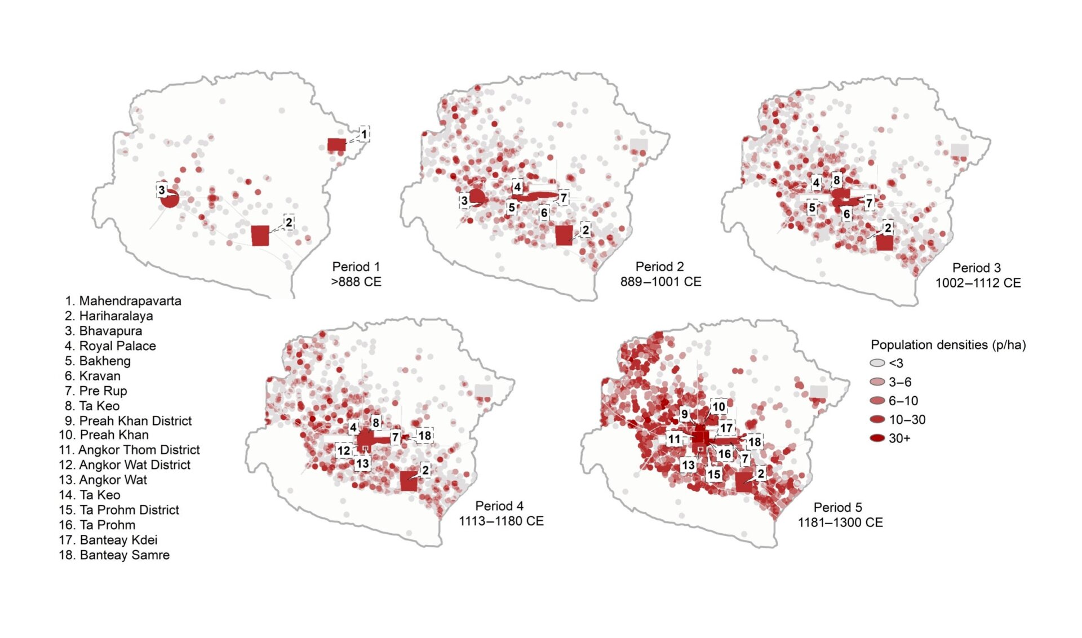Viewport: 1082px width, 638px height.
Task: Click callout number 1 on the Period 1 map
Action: pyautogui.click(x=363, y=134)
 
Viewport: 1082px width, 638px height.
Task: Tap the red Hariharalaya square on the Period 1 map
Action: pyautogui.click(x=260, y=236)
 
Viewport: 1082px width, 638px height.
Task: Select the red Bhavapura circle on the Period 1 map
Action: pyautogui.click(x=170, y=198)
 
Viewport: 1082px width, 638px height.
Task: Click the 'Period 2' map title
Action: pyautogui.click(x=660, y=267)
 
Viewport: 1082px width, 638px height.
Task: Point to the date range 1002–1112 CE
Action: pyautogui.click(x=978, y=283)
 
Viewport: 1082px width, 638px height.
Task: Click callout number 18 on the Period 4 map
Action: pyautogui.click(x=424, y=435)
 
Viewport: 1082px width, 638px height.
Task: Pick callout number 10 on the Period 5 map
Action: pyautogui.click(x=719, y=407)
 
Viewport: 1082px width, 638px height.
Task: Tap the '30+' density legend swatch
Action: pyautogui.click(x=877, y=438)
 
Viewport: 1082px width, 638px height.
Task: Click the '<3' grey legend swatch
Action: pyautogui.click(x=877, y=363)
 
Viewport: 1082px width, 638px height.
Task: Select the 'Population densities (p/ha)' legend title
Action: pyautogui.click(x=948, y=345)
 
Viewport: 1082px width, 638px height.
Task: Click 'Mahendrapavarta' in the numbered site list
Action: pyautogui.click(x=130, y=301)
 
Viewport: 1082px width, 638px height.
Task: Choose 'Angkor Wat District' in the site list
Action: pyautogui.click(x=135, y=465)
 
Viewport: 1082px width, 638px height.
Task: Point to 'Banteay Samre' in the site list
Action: pyautogui.click(x=125, y=555)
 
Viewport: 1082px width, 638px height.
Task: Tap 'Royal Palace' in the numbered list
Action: pyautogui.click(x=117, y=346)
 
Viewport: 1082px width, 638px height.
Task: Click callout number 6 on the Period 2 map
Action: pyautogui.click(x=544, y=213)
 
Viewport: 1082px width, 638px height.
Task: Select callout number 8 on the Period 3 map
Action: pyautogui.click(x=837, y=180)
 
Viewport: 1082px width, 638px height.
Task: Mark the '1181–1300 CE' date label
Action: pyautogui.click(x=840, y=522)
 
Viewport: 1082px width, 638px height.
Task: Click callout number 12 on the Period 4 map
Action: pyautogui.click(x=344, y=451)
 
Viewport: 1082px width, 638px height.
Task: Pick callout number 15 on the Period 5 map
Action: pyautogui.click(x=714, y=475)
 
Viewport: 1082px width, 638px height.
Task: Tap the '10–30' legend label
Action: pyautogui.click(x=907, y=420)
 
